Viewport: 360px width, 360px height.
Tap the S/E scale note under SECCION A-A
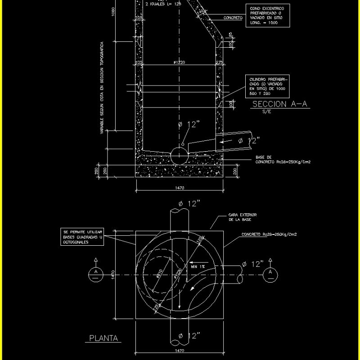(267, 111)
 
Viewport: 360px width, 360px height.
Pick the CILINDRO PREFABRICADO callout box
(268, 86)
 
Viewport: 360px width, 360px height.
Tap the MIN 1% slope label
(199, 266)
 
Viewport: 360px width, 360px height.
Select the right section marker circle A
(270, 272)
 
